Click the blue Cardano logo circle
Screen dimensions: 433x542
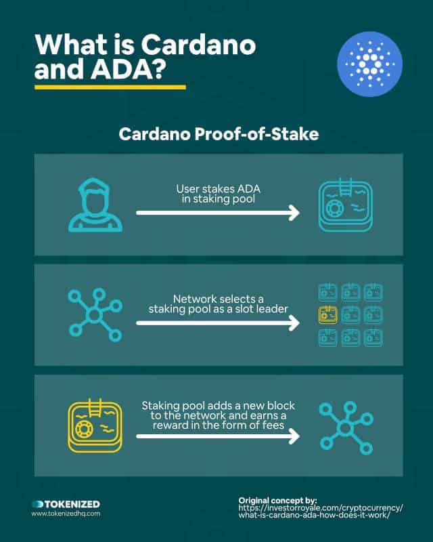click(x=369, y=64)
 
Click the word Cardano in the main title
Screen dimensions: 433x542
click(x=198, y=45)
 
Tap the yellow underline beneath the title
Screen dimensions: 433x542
click(x=110, y=87)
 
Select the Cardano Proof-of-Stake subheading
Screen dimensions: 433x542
click(x=219, y=134)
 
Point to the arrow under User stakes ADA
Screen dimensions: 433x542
click(x=218, y=213)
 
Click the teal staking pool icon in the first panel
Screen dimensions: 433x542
click(x=345, y=205)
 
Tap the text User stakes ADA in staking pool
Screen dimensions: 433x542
click(x=219, y=194)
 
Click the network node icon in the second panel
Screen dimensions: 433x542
click(x=95, y=315)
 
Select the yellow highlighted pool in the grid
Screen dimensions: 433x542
click(x=328, y=314)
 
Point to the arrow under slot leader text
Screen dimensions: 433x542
click(x=218, y=323)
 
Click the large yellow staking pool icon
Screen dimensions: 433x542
click(x=95, y=425)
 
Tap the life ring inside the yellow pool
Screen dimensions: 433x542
click(x=83, y=429)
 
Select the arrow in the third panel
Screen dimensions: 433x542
click(x=218, y=436)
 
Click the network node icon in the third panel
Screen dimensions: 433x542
click(x=346, y=428)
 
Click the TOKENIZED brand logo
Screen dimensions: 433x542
click(x=66, y=504)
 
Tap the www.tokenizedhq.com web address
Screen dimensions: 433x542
click(x=66, y=514)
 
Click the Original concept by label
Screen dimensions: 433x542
click(x=277, y=501)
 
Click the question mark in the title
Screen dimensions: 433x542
click(x=158, y=69)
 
